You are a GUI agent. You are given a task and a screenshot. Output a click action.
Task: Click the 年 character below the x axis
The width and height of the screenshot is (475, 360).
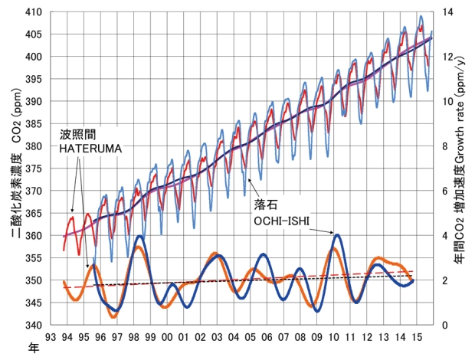(x=33, y=347)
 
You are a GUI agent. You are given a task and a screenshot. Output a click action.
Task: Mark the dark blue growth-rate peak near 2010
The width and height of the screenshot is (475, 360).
(x=337, y=235)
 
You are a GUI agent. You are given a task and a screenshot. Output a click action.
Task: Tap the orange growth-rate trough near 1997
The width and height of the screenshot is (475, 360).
(x=113, y=316)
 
